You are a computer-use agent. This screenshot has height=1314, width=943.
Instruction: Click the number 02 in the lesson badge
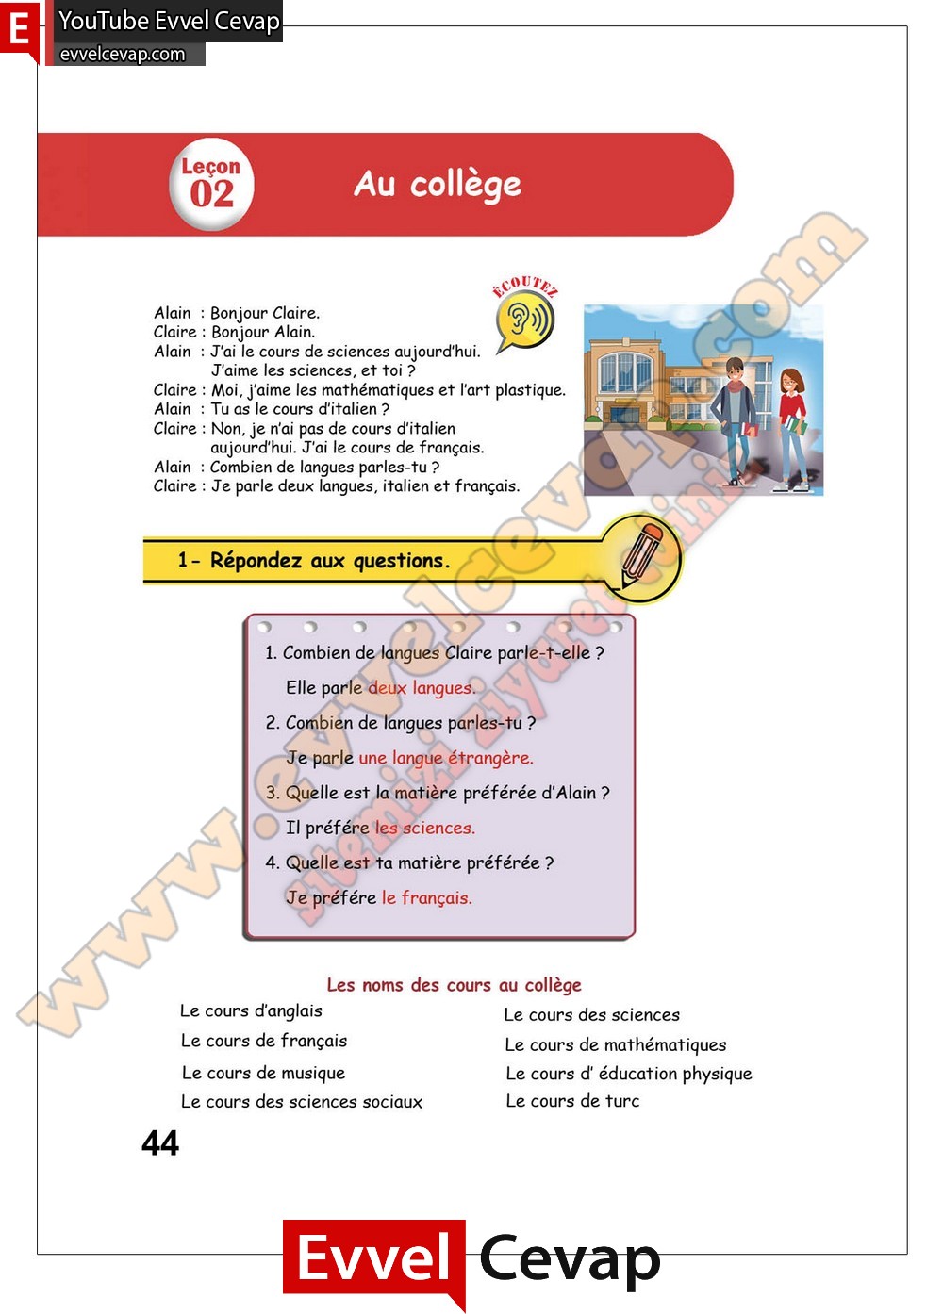pos(211,194)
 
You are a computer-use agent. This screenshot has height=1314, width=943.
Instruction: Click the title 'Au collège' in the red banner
pos(438,184)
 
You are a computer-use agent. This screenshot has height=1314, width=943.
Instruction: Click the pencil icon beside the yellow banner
pos(641,555)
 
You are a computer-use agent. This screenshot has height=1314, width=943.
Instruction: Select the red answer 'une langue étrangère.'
pos(445,758)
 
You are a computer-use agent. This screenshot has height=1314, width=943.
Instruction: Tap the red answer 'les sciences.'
pos(424,828)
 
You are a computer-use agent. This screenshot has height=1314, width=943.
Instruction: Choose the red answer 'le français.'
pos(426,897)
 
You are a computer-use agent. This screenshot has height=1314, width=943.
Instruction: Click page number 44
pos(160,1143)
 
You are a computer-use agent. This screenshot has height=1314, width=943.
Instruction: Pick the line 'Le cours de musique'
pos(263,1073)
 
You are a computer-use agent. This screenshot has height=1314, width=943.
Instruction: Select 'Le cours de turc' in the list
pos(572,1101)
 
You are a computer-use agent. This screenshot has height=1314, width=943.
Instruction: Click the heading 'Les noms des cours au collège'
pos(454,985)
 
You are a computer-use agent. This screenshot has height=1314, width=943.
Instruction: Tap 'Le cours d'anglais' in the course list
pos(251,1010)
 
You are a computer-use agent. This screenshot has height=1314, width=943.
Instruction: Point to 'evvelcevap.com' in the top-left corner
pos(123,54)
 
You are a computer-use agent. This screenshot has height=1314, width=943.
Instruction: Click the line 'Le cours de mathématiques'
pos(615,1044)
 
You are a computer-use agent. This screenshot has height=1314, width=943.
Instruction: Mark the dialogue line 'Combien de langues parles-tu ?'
pos(324,467)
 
